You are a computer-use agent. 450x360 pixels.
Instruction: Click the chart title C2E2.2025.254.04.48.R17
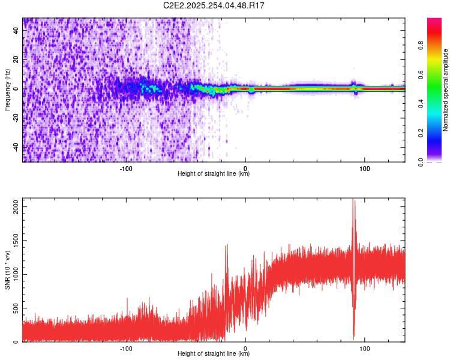click(x=214, y=5)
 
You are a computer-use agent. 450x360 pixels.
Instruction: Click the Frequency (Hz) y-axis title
click(x=7, y=90)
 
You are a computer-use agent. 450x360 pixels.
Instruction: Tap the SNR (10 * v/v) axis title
click(x=7, y=270)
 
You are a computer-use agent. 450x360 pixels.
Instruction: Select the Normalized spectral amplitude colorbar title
click(x=445, y=90)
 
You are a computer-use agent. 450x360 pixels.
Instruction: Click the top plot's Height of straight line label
click(x=214, y=174)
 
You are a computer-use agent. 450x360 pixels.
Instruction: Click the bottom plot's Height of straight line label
click(x=214, y=354)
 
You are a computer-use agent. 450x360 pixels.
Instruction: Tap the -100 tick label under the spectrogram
click(x=126, y=169)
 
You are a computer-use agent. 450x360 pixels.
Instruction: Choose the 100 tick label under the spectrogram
click(x=365, y=169)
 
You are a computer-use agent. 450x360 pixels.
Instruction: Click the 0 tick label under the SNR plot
click(x=245, y=349)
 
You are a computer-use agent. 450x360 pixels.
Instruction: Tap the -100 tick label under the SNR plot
click(x=126, y=349)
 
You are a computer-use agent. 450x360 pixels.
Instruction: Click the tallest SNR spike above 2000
click(x=353, y=200)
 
